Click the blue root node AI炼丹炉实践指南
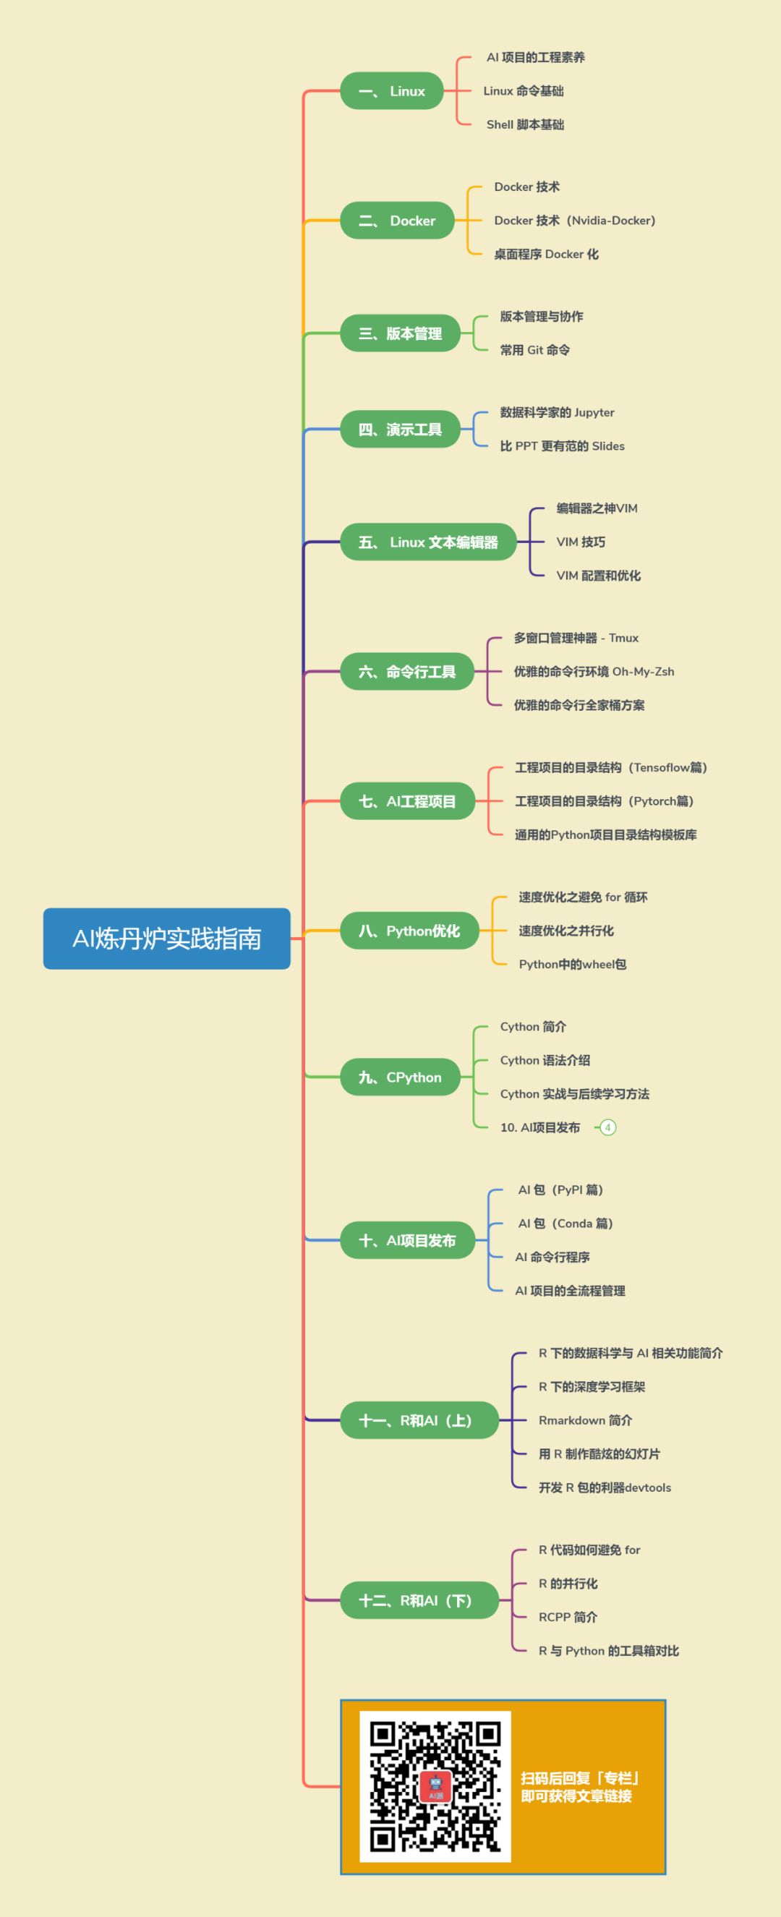(x=167, y=939)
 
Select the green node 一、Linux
(x=392, y=91)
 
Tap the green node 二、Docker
(x=397, y=221)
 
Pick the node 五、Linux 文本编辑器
(x=428, y=542)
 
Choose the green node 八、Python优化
(x=409, y=931)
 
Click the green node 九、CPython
(x=400, y=1077)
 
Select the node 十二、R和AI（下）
(x=419, y=1600)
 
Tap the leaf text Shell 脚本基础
(x=525, y=124)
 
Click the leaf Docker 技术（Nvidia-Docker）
(x=574, y=221)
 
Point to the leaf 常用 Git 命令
(x=534, y=350)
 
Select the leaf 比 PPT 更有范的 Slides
(x=562, y=445)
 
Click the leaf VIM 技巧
(x=581, y=542)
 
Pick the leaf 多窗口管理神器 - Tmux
(x=576, y=638)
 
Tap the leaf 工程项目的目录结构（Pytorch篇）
(x=604, y=800)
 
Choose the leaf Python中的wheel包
(x=572, y=965)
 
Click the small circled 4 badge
(x=607, y=1127)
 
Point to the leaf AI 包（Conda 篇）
(x=565, y=1224)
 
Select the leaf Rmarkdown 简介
(x=585, y=1420)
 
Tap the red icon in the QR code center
(x=435, y=1785)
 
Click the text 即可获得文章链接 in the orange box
(x=576, y=1796)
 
